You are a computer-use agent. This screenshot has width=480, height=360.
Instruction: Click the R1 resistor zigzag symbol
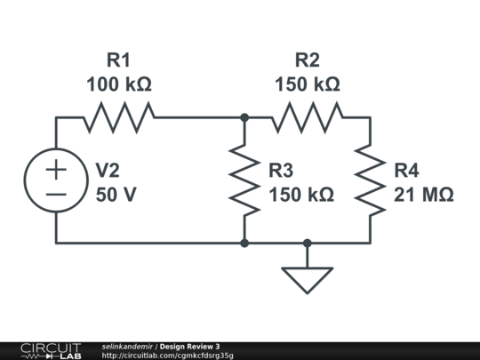[x=119, y=117]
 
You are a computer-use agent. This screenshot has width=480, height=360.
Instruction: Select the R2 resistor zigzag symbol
[x=308, y=117]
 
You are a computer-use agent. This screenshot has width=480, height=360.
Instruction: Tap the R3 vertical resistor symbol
[x=244, y=180]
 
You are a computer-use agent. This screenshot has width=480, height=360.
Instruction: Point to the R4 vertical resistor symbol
[x=370, y=180]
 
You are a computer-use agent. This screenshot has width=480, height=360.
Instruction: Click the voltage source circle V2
[x=56, y=149]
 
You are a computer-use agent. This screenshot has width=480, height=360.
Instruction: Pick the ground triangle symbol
[x=308, y=280]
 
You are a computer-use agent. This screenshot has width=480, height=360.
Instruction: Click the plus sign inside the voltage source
[x=56, y=169]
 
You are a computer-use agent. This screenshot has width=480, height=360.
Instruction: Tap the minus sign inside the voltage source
[x=56, y=194]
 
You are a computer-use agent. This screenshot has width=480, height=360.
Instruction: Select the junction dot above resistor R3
[x=244, y=117]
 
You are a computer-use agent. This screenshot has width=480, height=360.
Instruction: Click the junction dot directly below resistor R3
[x=244, y=244]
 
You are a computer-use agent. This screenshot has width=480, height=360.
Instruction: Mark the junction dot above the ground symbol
[x=308, y=244]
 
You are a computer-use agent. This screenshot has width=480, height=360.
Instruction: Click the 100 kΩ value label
[x=119, y=84]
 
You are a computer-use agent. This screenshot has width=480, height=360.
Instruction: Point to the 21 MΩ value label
[x=424, y=195]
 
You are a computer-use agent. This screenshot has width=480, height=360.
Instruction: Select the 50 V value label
[x=116, y=195]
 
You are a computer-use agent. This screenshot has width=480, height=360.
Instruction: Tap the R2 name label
[x=308, y=60]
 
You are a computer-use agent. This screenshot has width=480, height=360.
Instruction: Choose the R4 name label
[x=406, y=171]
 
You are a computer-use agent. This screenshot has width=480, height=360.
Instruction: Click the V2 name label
[x=108, y=171]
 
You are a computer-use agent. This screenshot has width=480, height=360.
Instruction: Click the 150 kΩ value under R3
[x=301, y=195]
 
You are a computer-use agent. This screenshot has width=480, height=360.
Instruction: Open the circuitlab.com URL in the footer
[x=167, y=356]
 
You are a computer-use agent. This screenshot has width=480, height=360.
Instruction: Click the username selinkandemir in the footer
[x=127, y=347]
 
